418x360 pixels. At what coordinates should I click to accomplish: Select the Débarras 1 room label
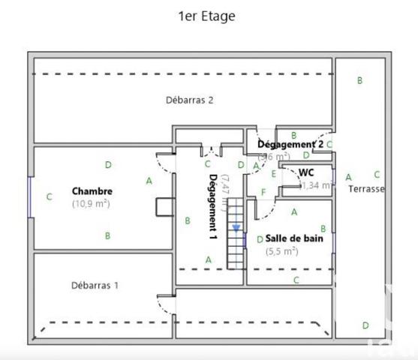click(x=95, y=285)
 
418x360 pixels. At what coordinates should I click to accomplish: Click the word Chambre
click(x=92, y=191)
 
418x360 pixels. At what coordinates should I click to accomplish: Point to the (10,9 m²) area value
click(x=92, y=203)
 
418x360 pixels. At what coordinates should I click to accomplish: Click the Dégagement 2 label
click(x=290, y=144)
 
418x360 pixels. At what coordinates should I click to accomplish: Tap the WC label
click(x=306, y=172)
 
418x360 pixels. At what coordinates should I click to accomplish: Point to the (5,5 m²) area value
click(x=281, y=252)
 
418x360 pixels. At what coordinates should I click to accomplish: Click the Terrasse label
click(x=366, y=189)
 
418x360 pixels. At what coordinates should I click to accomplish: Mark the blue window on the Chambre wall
click(x=30, y=196)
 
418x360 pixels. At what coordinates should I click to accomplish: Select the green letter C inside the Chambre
click(x=50, y=197)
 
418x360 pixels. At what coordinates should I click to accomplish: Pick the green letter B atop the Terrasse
click(x=359, y=80)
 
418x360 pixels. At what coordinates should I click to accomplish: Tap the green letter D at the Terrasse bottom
click(x=365, y=325)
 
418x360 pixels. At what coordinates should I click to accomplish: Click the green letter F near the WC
click(x=263, y=193)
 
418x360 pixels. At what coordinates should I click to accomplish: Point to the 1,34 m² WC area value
click(x=315, y=185)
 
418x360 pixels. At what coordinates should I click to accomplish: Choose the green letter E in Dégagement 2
click(x=274, y=174)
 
